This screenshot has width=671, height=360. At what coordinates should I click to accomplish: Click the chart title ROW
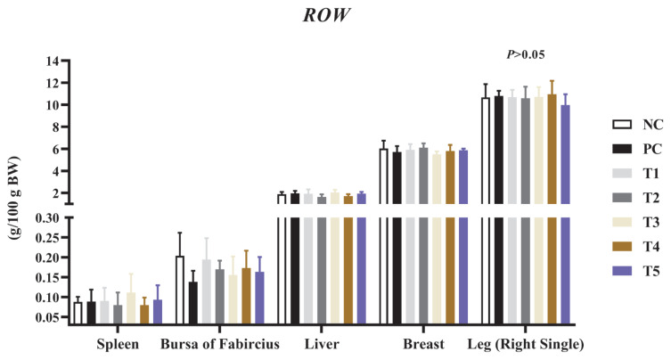[x=326, y=15]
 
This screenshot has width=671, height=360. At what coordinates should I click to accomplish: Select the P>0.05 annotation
[x=526, y=54]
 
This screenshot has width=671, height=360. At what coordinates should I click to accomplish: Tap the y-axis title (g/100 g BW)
[x=15, y=197]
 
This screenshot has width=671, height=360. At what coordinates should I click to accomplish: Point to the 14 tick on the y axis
[x=54, y=61]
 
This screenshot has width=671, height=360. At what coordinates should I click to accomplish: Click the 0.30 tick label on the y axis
[x=49, y=218]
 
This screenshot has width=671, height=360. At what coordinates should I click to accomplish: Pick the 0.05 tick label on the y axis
[x=49, y=317]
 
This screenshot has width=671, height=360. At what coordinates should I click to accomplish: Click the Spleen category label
[x=118, y=344]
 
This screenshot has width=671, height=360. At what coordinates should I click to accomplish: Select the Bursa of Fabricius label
[x=220, y=344]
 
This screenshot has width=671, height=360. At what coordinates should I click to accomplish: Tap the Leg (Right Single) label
[x=526, y=344]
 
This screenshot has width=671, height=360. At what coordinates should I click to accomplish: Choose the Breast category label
[x=423, y=344]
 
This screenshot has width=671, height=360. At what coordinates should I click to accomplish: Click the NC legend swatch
[x=622, y=125]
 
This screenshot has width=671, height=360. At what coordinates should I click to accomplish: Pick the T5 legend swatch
[x=622, y=271]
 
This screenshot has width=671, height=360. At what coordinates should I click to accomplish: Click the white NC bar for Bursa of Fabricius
[x=180, y=290]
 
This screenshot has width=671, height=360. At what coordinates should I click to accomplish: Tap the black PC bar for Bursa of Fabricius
[x=193, y=303]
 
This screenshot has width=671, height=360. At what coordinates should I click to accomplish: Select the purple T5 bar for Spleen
[x=158, y=312]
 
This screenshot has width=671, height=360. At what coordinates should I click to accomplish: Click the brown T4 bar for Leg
[x=552, y=209]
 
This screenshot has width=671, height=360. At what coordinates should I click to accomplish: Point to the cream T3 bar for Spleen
[x=131, y=308]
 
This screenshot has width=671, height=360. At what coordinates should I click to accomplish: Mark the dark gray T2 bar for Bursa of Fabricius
[x=219, y=297]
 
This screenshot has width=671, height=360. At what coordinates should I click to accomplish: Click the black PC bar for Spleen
[x=91, y=313]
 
